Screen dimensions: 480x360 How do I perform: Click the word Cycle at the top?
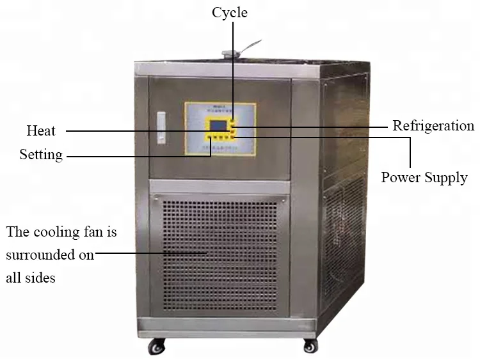pos(230,12)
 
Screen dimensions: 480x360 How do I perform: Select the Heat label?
pos(41,131)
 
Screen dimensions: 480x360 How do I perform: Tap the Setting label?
pos(41,155)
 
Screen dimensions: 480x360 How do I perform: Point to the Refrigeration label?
pos(433,126)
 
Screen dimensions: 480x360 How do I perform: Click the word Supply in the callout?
pos(446,178)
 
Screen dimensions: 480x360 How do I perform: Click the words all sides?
pos(31,278)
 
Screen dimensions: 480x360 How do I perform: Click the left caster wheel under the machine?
pos(156,347)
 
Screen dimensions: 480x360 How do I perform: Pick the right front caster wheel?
pos(309,346)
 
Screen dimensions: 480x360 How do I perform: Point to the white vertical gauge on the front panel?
pos(161,129)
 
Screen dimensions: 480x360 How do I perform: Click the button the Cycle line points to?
pos(233,120)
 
